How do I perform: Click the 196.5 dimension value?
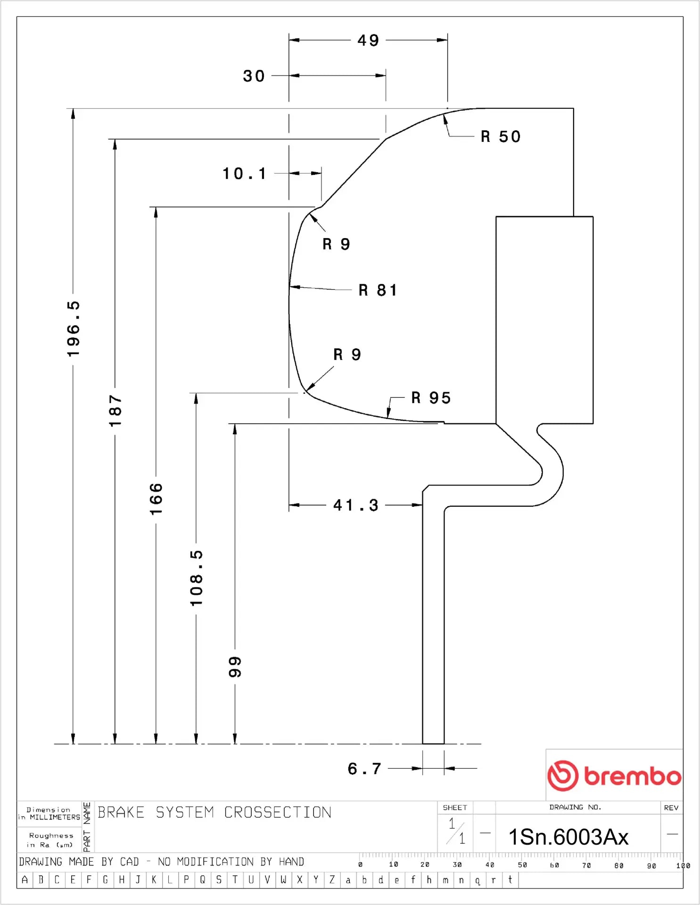74,329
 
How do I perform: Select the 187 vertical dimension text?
115,411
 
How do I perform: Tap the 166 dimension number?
156,499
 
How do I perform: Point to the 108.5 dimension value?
196,578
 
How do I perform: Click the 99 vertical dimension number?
235,667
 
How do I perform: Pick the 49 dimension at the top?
368,41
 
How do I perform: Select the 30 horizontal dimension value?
254,76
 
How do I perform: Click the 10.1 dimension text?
244,173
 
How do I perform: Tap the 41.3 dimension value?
356,505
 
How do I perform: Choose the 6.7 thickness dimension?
364,769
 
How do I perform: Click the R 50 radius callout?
501,137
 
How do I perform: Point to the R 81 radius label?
378,290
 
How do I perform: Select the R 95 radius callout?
431,398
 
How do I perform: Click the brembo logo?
614,775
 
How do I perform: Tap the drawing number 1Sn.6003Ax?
568,837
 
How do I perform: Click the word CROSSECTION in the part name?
278,812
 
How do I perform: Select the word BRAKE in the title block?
121,812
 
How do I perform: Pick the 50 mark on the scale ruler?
522,865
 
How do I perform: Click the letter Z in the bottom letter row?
332,880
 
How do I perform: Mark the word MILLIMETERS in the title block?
55,817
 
